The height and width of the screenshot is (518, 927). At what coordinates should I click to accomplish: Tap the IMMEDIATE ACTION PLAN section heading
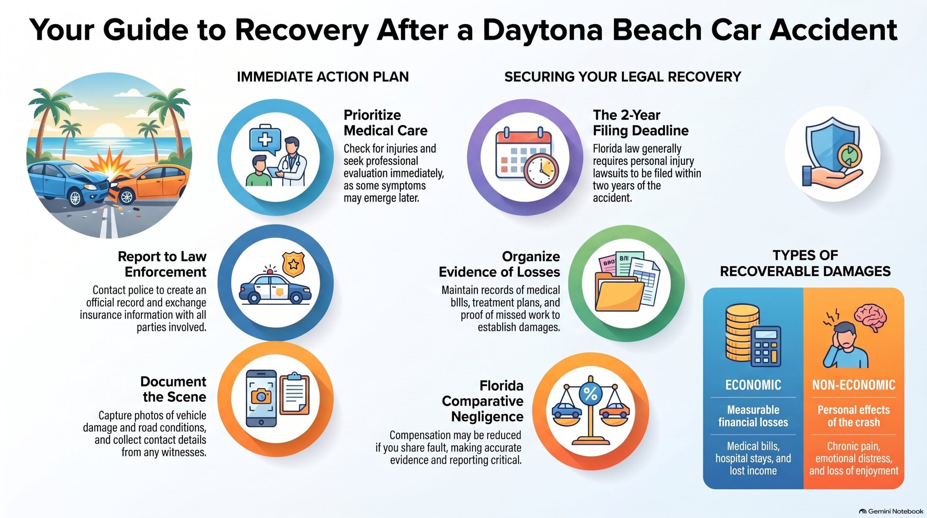323,77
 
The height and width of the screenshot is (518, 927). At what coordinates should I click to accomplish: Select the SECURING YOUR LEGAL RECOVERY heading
623,77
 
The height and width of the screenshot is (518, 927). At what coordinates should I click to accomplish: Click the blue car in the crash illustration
69,183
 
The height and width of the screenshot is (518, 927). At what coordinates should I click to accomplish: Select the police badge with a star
293,264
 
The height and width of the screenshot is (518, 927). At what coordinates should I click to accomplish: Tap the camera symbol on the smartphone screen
261,395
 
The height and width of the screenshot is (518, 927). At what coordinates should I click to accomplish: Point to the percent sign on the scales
591,394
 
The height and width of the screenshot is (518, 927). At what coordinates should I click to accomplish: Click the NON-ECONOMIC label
853,385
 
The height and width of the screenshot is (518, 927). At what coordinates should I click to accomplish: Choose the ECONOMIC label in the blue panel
753,385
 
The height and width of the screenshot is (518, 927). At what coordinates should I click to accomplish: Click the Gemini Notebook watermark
892,511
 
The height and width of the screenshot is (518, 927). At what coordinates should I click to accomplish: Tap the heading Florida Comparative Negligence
483,401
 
